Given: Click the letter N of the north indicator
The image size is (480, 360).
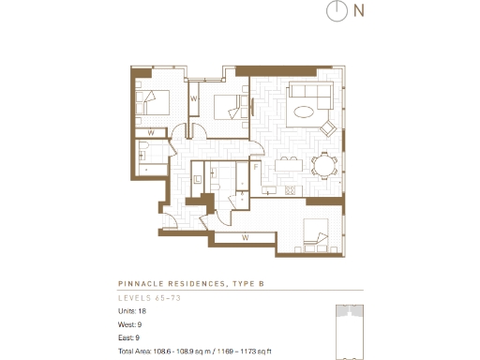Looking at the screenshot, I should [359, 11].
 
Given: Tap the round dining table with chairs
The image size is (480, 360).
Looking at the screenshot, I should [324, 167].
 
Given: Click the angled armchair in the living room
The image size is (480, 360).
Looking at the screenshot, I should [328, 127].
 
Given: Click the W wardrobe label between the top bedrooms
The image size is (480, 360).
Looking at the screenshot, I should [194, 97].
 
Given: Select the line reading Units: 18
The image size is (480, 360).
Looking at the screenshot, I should [132, 310].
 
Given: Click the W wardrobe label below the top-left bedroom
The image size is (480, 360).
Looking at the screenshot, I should [150, 132].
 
